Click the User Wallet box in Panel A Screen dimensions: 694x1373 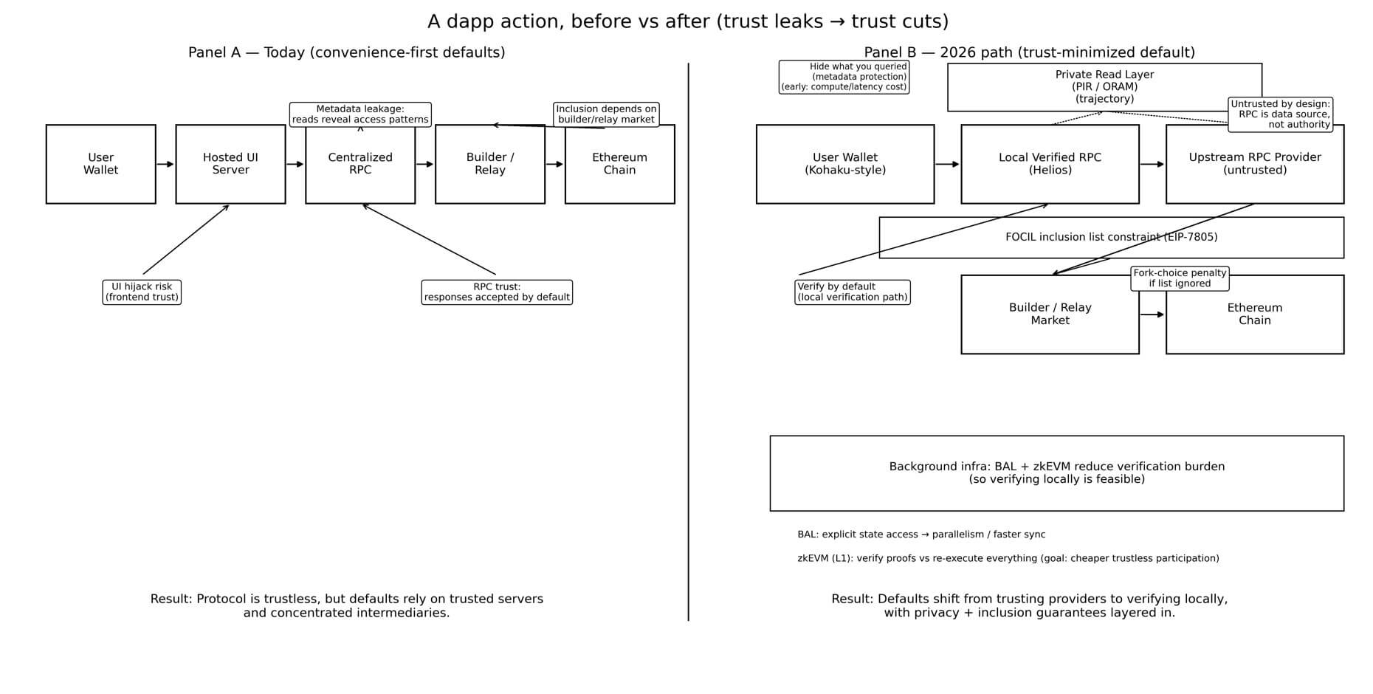tap(100, 164)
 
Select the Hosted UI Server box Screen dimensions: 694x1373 tap(230, 164)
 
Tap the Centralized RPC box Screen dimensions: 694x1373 tap(360, 164)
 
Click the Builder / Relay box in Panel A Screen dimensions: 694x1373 tap(490, 164)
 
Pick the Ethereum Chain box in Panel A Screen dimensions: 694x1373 tap(619, 164)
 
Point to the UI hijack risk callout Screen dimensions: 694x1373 tap(142, 292)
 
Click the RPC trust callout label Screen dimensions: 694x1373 tap(497, 292)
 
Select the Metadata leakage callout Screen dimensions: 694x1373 tap(360, 114)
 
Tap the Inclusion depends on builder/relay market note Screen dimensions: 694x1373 tap(606, 114)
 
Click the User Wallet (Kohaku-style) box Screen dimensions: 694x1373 tap(844, 164)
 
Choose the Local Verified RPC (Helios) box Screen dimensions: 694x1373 tap(1050, 164)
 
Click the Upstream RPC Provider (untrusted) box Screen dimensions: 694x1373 tap(1254, 164)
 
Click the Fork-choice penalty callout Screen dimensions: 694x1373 tap(1180, 278)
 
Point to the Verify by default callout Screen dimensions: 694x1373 tap(852, 292)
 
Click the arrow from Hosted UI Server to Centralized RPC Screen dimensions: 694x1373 tap(295, 164)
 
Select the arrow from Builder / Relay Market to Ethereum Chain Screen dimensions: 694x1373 tap(1152, 315)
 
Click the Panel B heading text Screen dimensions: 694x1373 tap(1029, 52)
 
